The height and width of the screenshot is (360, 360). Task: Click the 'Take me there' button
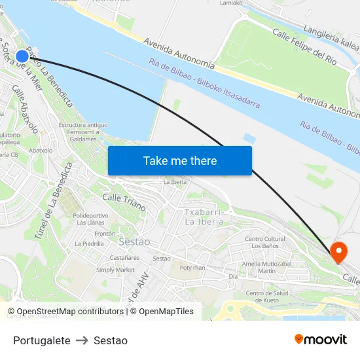click(x=180, y=161)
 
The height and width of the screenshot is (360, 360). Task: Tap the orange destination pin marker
click(x=339, y=251)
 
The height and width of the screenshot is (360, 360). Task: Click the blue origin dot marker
click(x=22, y=56)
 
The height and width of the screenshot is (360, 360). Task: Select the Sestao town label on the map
click(x=134, y=242)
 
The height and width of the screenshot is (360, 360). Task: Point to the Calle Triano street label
click(x=124, y=202)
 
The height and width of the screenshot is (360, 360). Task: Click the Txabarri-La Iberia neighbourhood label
click(x=204, y=217)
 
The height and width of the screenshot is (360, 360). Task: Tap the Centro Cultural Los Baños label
click(x=265, y=243)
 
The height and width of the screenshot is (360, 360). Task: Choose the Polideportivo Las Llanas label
click(x=90, y=219)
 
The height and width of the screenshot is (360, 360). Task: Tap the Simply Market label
click(x=115, y=270)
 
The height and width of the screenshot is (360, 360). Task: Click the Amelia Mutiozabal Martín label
click(x=266, y=267)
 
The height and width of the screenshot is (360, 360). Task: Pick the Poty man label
click(x=192, y=268)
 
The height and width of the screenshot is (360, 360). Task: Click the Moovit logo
click(x=321, y=339)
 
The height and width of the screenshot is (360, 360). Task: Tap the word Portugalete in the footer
click(x=42, y=340)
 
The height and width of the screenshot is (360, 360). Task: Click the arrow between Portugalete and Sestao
click(x=82, y=340)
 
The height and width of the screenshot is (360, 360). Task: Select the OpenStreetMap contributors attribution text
click(x=68, y=312)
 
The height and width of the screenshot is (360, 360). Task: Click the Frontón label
click(x=105, y=234)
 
